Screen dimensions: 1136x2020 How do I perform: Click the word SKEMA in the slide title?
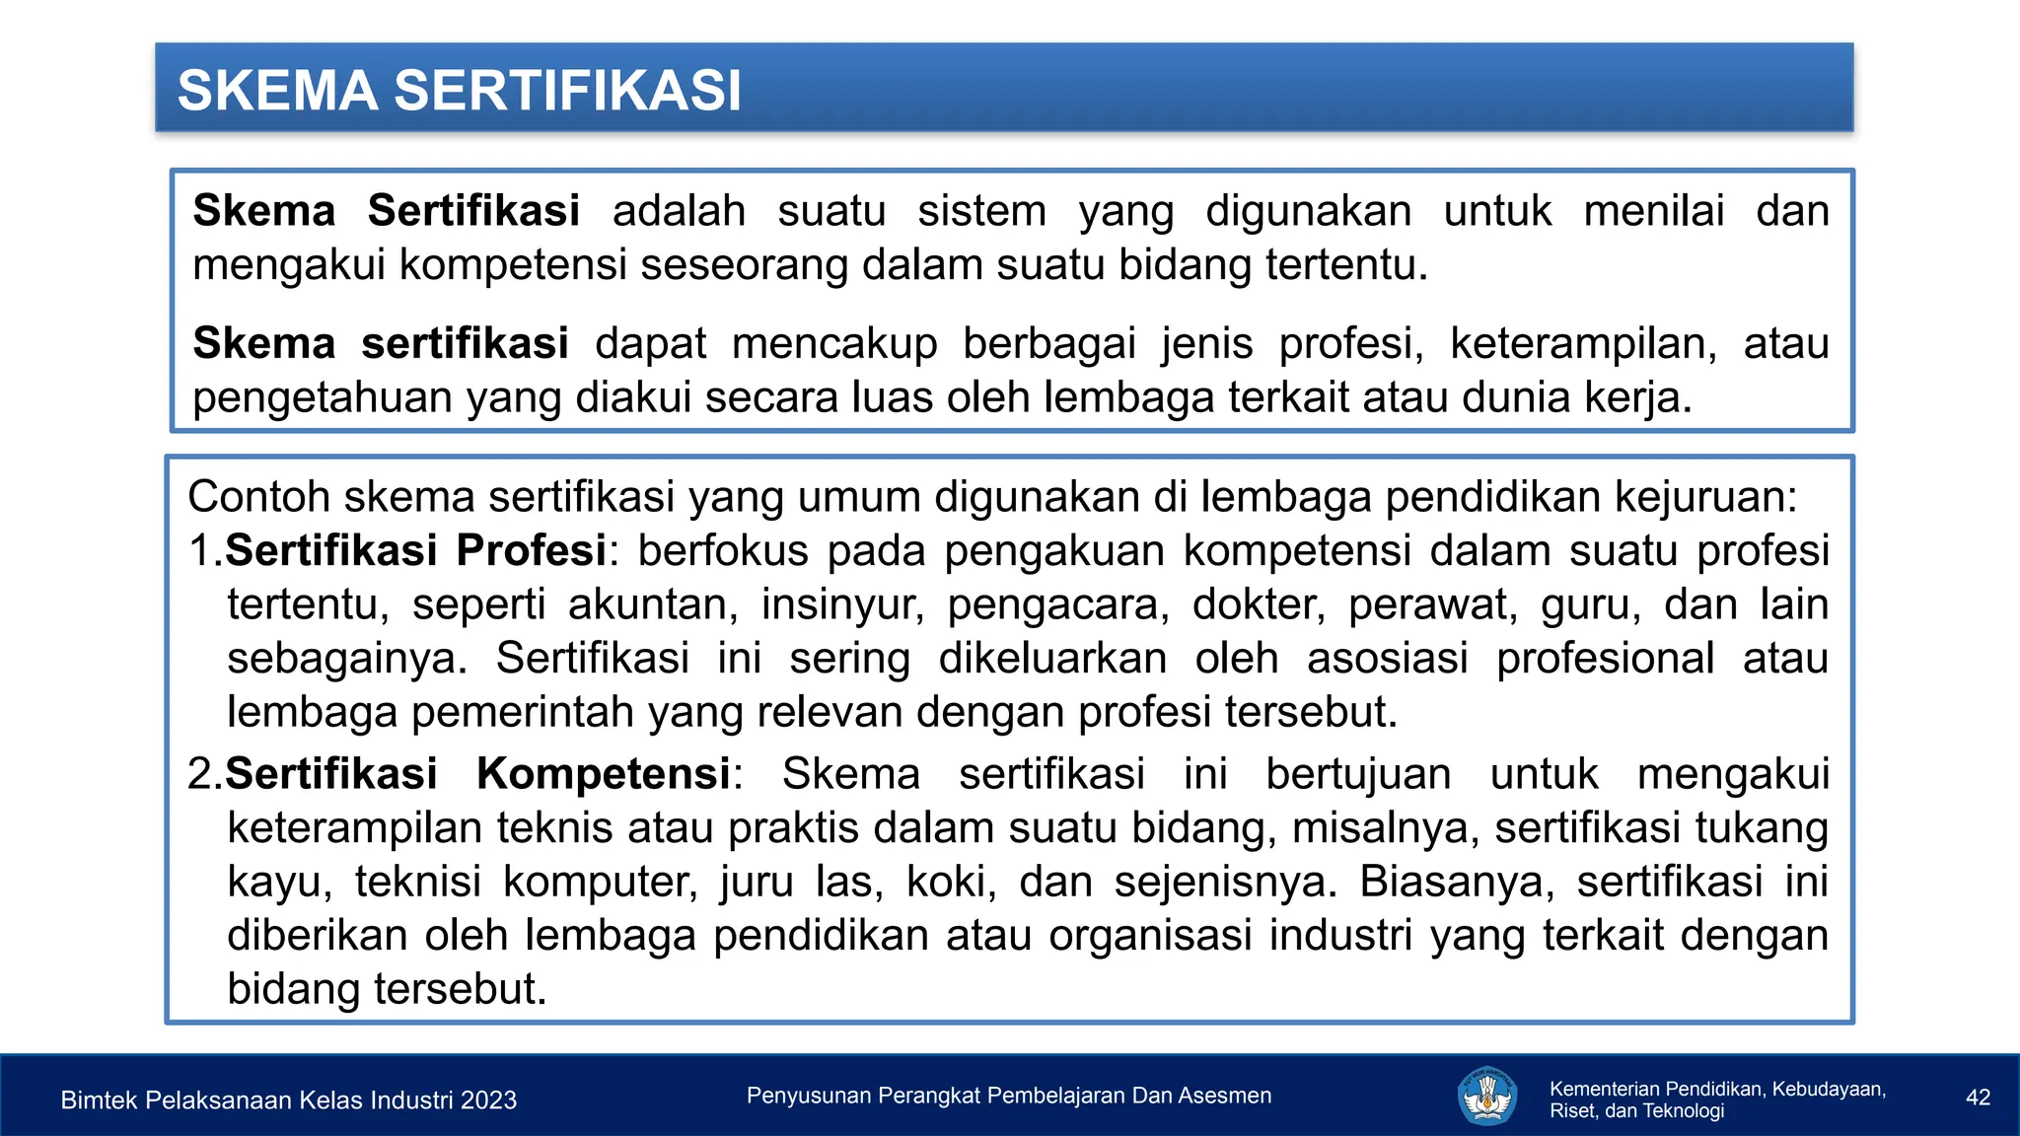[x=277, y=91]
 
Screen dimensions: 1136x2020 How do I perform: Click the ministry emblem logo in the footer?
[x=1486, y=1097]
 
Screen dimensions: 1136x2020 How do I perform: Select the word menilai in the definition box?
[x=1654, y=211]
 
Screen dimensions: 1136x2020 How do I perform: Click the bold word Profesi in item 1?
[x=532, y=550]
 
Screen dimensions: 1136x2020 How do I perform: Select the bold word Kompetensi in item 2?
[x=604, y=774]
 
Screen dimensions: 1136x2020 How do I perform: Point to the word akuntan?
[x=653, y=604]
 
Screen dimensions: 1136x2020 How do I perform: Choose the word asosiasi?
[x=1388, y=659]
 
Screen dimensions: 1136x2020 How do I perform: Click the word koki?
[x=952, y=882]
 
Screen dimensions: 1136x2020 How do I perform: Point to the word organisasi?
[x=1150, y=935]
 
